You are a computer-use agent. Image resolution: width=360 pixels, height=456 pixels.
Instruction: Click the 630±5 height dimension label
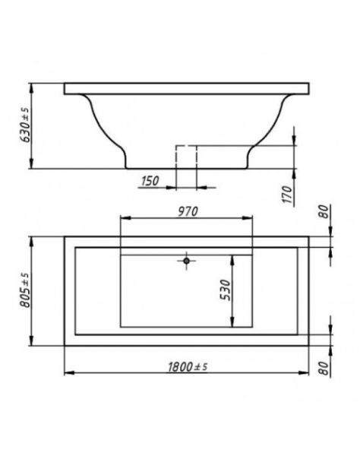click(25, 125)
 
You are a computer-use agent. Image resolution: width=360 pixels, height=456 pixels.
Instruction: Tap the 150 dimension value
click(150, 181)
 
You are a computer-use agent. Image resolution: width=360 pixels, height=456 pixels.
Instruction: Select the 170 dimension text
click(287, 195)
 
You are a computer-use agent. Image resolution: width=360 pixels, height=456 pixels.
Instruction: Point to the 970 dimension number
click(188, 212)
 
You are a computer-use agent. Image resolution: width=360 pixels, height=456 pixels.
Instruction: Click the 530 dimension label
click(225, 290)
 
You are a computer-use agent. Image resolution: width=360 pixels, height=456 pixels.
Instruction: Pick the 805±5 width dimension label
click(25, 290)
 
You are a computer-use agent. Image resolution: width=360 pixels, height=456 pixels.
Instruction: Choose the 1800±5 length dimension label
click(188, 367)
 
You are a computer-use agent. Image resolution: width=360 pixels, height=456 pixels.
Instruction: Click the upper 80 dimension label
click(324, 211)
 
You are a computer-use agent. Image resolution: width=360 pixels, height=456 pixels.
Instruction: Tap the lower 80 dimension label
click(324, 368)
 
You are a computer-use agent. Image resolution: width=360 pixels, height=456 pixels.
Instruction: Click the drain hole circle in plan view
click(187, 261)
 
